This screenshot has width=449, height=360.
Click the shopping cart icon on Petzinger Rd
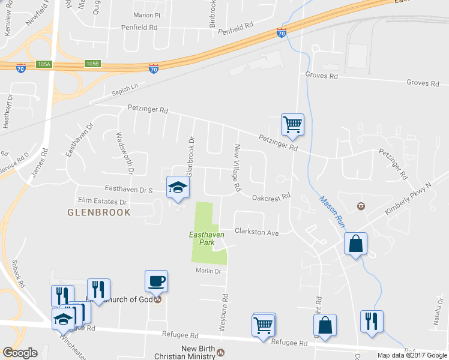pos(292,125)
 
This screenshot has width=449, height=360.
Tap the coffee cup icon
pos(157,281)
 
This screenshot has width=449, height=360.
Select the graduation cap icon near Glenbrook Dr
pos(177,188)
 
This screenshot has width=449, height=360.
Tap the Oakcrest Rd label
pos(271,196)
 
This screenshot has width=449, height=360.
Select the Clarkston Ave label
pos(256,232)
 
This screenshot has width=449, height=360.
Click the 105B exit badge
pos(92,63)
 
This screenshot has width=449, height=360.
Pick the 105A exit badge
pos(44,64)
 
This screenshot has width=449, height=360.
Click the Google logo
pos(20,352)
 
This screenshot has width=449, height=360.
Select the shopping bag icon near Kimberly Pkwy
pos(355,244)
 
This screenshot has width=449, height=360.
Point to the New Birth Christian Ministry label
pos(198,352)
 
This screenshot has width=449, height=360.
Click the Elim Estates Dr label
pos(103,202)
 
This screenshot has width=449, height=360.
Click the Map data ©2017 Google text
pos(411,355)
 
